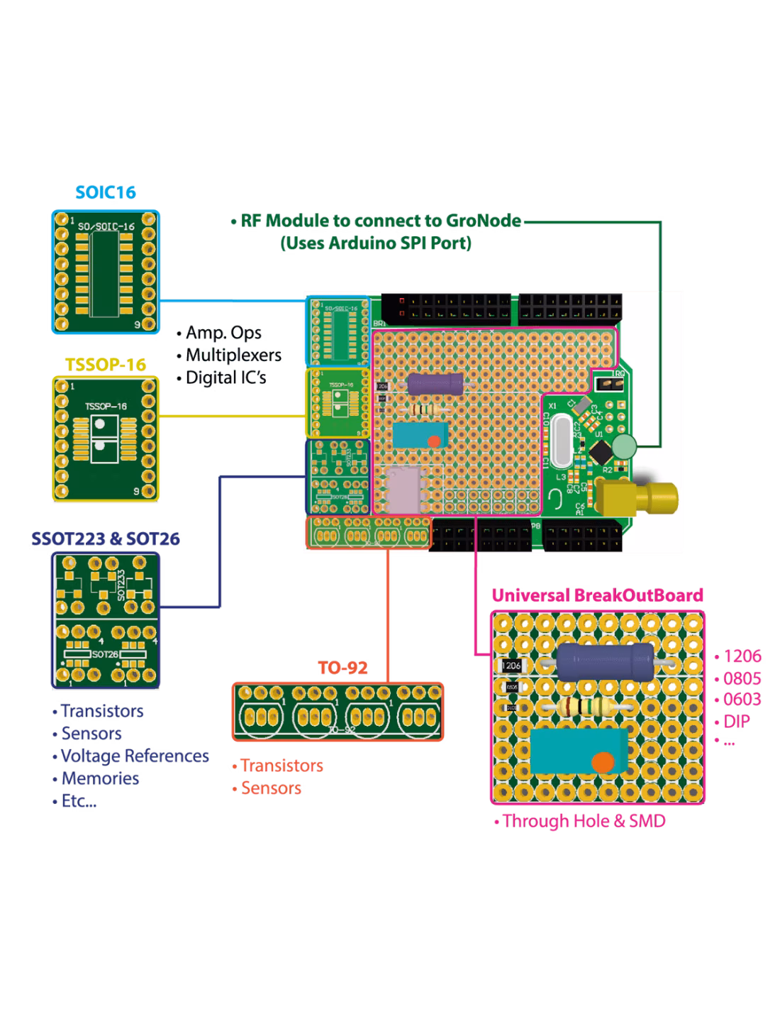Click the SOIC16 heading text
coord(106,192)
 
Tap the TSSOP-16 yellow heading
coord(106,365)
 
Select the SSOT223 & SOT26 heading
coord(105,539)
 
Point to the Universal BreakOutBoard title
coord(597,595)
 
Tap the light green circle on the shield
coord(625,447)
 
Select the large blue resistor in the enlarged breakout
coord(605,661)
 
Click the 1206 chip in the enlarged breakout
coord(511,666)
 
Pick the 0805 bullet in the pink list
coord(738,678)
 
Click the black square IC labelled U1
coord(601,450)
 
